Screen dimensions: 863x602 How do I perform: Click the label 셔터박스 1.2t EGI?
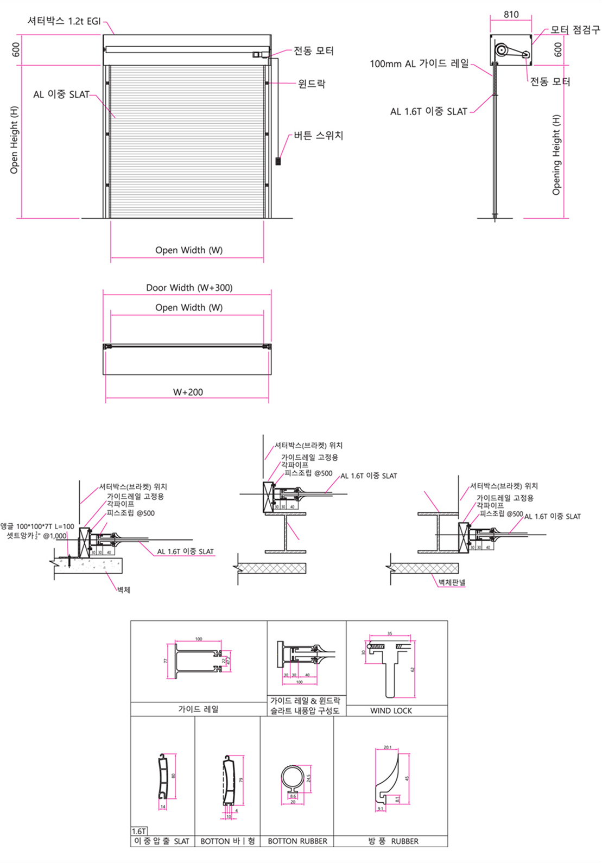[x=64, y=21]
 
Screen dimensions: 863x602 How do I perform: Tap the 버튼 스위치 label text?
[x=319, y=136]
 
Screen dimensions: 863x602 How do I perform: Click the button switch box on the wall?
[x=278, y=161]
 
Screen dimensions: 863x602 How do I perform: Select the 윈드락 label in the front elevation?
[x=312, y=84]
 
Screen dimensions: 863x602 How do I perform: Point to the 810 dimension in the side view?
[x=511, y=15]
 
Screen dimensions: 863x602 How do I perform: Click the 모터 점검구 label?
[x=575, y=30]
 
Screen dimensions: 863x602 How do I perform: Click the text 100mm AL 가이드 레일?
[x=419, y=64]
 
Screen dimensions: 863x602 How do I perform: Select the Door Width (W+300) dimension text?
[x=189, y=288]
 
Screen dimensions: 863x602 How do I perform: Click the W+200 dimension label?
[x=188, y=392]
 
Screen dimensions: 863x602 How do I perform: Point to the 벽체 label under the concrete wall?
[x=124, y=589]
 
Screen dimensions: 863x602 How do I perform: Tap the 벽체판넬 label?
[x=452, y=582]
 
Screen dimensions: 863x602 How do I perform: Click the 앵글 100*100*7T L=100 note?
[x=37, y=526]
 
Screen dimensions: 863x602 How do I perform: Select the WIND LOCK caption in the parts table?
[x=391, y=710]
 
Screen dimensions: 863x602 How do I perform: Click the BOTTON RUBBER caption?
[x=297, y=841]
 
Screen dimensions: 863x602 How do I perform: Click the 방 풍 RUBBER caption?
[x=393, y=841]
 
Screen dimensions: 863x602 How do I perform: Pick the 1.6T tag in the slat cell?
[x=139, y=831]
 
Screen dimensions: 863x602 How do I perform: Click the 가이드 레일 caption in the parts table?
[x=198, y=709]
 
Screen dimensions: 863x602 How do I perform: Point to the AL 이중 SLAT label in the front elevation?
[x=61, y=94]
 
